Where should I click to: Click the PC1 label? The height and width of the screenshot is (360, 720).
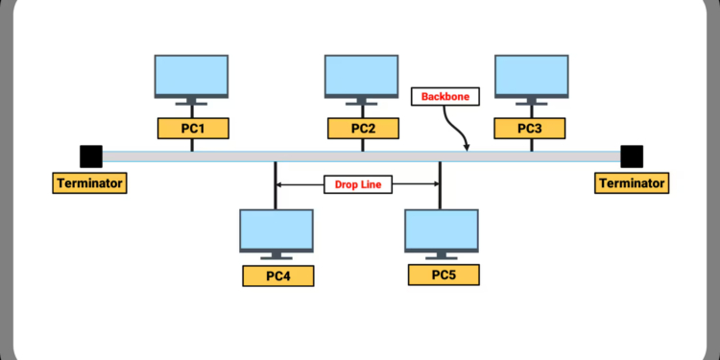(192, 129)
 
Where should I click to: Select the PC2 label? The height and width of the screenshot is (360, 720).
(362, 129)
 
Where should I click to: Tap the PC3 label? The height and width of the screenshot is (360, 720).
(531, 129)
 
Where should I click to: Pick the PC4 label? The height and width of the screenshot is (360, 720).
(276, 276)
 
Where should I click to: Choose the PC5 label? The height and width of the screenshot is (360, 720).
(443, 276)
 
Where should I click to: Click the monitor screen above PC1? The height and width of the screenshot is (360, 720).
(192, 75)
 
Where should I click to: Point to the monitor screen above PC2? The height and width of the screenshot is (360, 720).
(362, 75)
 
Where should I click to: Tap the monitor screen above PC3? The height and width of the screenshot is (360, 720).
(531, 75)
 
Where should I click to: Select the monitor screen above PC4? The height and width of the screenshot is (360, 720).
(276, 228)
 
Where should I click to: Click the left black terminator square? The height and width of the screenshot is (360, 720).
(90, 156)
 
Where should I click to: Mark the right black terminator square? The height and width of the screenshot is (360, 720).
(632, 156)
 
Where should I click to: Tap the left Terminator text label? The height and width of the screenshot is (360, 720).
(90, 182)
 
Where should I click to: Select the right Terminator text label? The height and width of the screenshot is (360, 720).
(632, 182)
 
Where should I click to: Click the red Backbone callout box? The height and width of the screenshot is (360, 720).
(443, 97)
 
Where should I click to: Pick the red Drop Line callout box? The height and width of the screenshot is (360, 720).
(357, 184)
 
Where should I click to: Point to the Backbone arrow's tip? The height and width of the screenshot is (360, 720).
(468, 149)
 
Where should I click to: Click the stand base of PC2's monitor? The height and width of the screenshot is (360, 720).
(362, 104)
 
